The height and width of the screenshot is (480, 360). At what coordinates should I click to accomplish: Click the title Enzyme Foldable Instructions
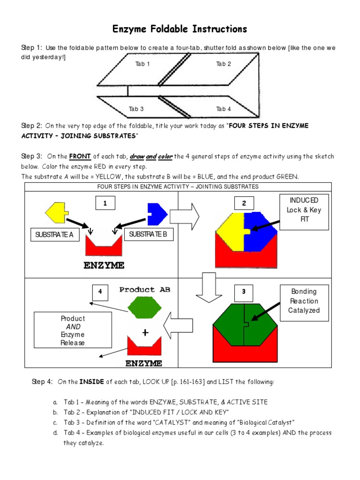180,30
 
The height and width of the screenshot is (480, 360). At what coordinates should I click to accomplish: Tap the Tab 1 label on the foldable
142,64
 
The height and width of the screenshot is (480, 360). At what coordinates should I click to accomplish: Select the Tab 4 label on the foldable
223,109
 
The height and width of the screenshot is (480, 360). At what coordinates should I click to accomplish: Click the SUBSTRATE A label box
54,235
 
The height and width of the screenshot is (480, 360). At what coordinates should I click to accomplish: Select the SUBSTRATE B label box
148,234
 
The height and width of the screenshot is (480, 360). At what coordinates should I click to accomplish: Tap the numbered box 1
105,203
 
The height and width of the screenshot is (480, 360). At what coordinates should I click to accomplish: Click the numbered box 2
244,203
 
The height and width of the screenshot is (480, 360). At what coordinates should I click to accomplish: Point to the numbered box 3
244,292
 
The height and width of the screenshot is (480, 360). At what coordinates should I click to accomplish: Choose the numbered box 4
99,292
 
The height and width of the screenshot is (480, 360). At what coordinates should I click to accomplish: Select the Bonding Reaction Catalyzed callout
304,301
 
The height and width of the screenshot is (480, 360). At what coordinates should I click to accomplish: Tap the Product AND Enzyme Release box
73,330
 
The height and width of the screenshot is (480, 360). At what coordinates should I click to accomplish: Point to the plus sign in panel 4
145,333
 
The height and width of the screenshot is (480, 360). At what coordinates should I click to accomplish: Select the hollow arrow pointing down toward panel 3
205,285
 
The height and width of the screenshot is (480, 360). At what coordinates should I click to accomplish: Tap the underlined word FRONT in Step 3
80,157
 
